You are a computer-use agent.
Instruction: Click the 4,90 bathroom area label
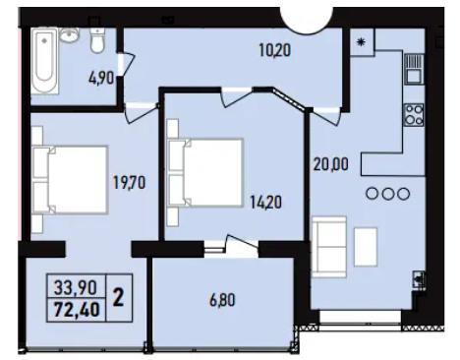click(101, 79)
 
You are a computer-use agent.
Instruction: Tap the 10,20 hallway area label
click(274, 50)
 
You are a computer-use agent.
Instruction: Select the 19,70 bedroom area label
click(129, 182)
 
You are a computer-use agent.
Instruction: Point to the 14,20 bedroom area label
click(265, 202)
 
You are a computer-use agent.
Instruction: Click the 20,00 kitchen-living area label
click(330, 164)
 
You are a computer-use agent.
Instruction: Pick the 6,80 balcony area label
click(222, 300)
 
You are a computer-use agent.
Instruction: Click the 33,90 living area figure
click(76, 288)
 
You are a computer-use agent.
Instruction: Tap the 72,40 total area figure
click(77, 310)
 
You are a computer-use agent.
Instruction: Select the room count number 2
click(118, 298)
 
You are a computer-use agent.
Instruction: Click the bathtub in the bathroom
click(44, 61)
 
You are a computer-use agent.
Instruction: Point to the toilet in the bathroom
click(97, 39)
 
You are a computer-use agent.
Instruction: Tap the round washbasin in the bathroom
click(69, 34)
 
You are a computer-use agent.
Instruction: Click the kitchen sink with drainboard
click(414, 69)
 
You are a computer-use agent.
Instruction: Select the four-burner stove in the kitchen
click(414, 114)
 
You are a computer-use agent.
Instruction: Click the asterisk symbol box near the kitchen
click(362, 42)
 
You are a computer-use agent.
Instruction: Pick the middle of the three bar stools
click(388, 194)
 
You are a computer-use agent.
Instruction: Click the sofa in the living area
click(329, 247)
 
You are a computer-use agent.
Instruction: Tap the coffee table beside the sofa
click(366, 247)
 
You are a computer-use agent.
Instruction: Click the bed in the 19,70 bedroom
click(70, 180)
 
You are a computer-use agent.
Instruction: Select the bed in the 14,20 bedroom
click(205, 173)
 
